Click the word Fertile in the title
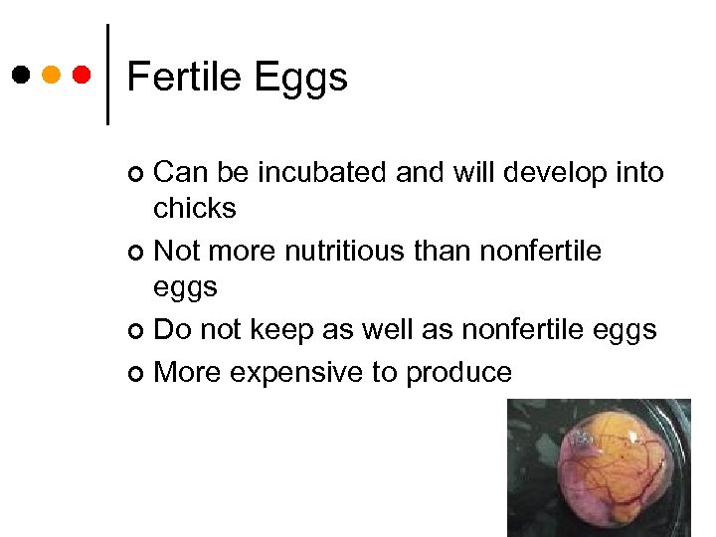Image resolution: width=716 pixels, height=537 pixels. (185, 77)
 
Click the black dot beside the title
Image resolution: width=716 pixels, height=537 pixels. (21, 75)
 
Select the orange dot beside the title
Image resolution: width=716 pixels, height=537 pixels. (52, 75)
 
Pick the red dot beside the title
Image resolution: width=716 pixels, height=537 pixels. (82, 75)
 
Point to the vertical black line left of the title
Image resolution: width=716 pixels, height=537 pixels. (107, 75)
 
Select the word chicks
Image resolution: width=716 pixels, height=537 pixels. (195, 208)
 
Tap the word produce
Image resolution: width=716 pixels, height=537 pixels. (458, 374)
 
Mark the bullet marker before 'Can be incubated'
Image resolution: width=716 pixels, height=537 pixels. (137, 175)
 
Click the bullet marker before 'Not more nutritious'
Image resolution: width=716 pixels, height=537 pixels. (137, 252)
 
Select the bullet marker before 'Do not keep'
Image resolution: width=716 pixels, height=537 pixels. (137, 330)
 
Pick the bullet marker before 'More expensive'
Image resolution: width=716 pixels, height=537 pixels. (137, 374)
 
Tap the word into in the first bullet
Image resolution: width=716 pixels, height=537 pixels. (638, 172)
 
